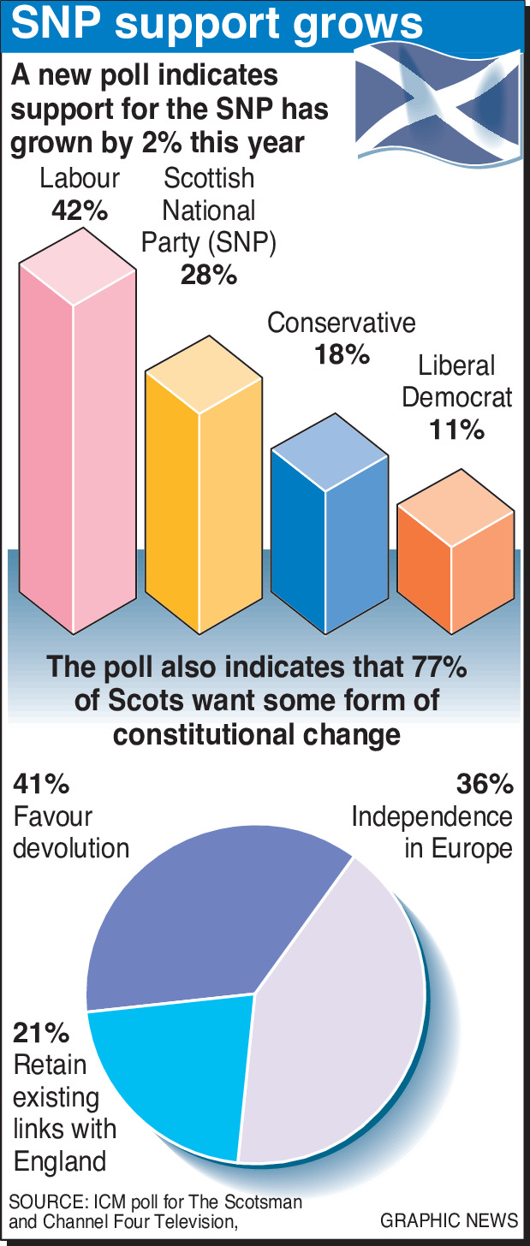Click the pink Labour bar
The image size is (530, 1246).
pyautogui.click(x=77, y=445)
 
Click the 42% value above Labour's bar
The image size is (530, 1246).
pyautogui.click(x=78, y=210)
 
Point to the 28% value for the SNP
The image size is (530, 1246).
pyautogui.click(x=208, y=275)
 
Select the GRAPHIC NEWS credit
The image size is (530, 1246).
pyautogui.click(x=449, y=1219)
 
